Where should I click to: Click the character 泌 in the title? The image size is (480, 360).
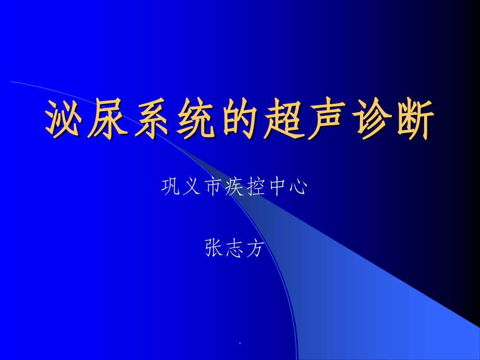(x=66, y=119)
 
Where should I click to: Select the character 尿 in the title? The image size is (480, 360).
(x=109, y=119)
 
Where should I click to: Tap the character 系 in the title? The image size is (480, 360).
(x=153, y=119)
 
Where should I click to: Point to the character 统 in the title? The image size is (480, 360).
(x=196, y=119)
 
